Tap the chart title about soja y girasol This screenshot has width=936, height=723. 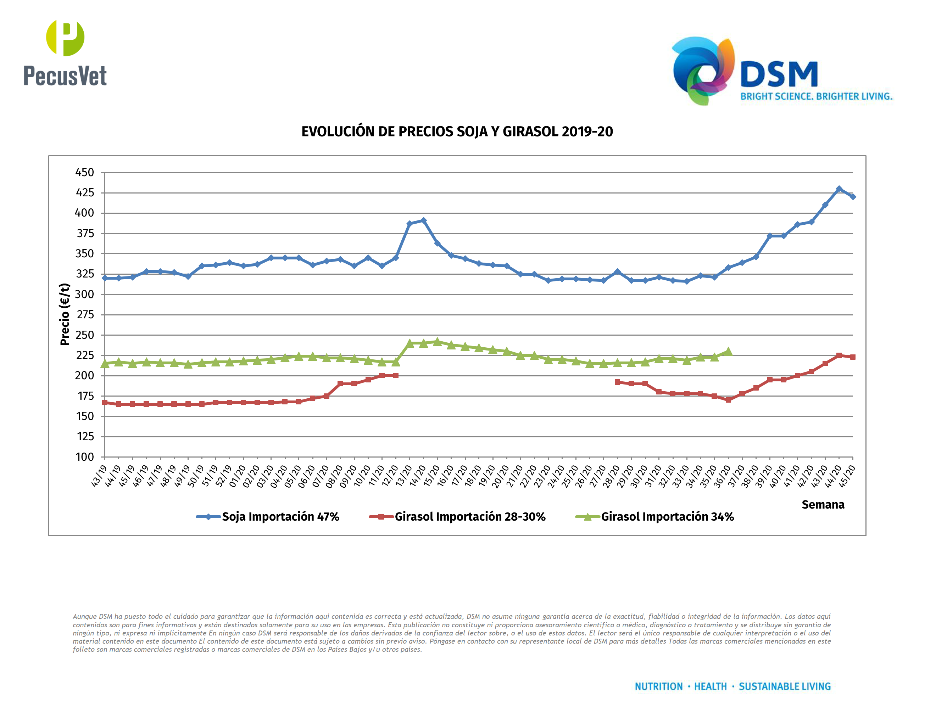point(457,131)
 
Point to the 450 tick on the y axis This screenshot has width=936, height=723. point(84,173)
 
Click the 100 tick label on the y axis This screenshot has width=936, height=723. point(84,457)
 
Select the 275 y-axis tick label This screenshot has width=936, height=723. point(84,315)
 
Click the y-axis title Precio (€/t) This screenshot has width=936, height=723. point(65,314)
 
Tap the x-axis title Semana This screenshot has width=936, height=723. point(823,505)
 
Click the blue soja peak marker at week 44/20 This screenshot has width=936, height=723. point(839,189)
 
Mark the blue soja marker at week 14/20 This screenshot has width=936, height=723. point(423,220)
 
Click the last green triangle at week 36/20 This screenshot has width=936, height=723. point(728,352)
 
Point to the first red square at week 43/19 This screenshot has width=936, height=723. point(105,403)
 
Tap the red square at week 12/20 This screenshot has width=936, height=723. point(396,376)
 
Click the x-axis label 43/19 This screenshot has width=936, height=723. point(99,476)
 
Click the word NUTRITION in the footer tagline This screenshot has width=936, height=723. point(658,686)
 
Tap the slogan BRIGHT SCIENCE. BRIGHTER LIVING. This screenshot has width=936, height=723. point(816,96)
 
